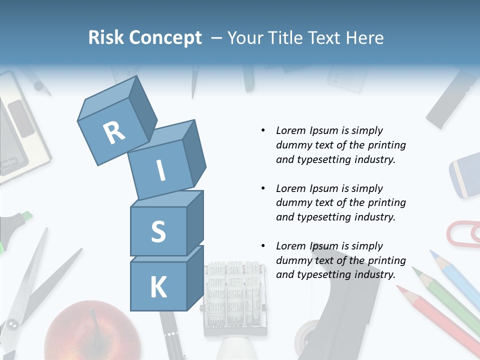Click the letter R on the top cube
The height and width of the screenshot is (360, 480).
(114, 132)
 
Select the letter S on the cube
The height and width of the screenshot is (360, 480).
(158, 231)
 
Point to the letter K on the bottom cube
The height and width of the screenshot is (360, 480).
(158, 287)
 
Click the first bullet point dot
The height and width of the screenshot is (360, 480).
(263, 131)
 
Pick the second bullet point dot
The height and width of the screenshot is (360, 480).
(263, 188)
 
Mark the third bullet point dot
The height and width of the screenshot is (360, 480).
(263, 246)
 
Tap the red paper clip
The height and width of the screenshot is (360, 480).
(462, 234)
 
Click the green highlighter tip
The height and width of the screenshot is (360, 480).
(27, 216)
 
